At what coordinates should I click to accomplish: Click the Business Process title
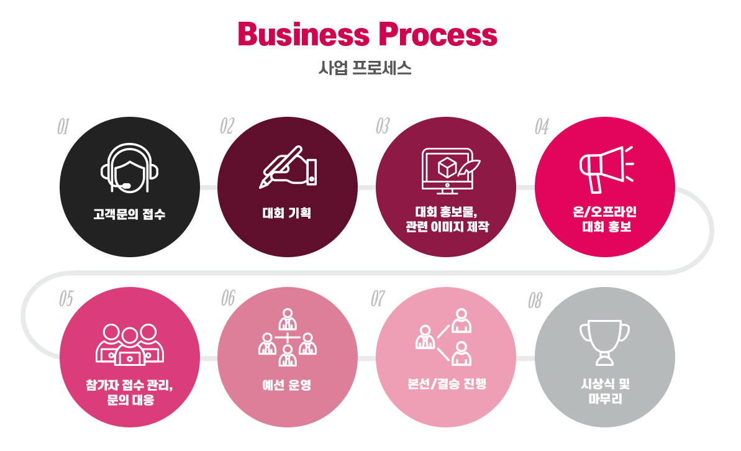click(x=368, y=34)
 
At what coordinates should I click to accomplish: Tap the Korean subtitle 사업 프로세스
click(x=365, y=68)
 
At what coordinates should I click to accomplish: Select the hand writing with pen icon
click(x=288, y=166)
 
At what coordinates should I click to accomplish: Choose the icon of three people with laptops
click(x=130, y=344)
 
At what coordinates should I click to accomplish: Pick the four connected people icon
click(x=288, y=337)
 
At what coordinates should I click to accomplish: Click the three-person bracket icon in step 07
click(x=445, y=337)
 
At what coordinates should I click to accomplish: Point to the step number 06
click(x=228, y=298)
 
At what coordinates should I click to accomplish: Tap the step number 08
click(x=535, y=301)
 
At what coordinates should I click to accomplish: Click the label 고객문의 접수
click(x=129, y=215)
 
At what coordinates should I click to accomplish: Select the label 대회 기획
click(x=287, y=214)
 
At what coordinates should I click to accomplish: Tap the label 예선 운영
click(x=287, y=385)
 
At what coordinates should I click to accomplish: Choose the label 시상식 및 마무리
click(x=605, y=392)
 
